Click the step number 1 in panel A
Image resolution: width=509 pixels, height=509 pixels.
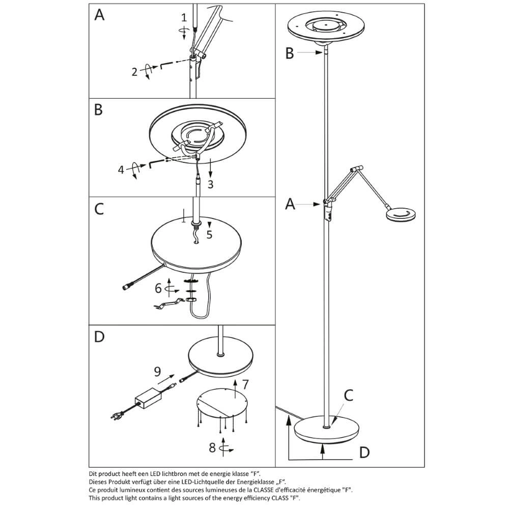click(x=185, y=18)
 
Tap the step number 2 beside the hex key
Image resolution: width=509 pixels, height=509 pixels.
click(x=134, y=72)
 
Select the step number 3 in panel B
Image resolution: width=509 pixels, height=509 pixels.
click(x=210, y=184)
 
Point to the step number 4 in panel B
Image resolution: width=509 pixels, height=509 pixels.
click(x=121, y=169)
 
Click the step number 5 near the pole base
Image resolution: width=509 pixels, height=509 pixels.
click(x=209, y=235)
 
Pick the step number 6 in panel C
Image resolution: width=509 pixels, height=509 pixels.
click(x=158, y=289)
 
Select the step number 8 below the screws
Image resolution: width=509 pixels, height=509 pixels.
click(x=212, y=448)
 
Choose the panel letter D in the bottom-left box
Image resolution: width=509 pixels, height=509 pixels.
click(x=100, y=337)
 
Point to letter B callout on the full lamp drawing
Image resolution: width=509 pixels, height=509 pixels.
click(x=290, y=53)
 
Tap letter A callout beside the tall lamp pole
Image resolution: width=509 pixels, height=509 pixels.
click(x=290, y=204)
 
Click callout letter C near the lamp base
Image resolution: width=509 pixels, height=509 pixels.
click(x=348, y=395)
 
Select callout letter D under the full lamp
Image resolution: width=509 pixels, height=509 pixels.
click(x=363, y=451)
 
